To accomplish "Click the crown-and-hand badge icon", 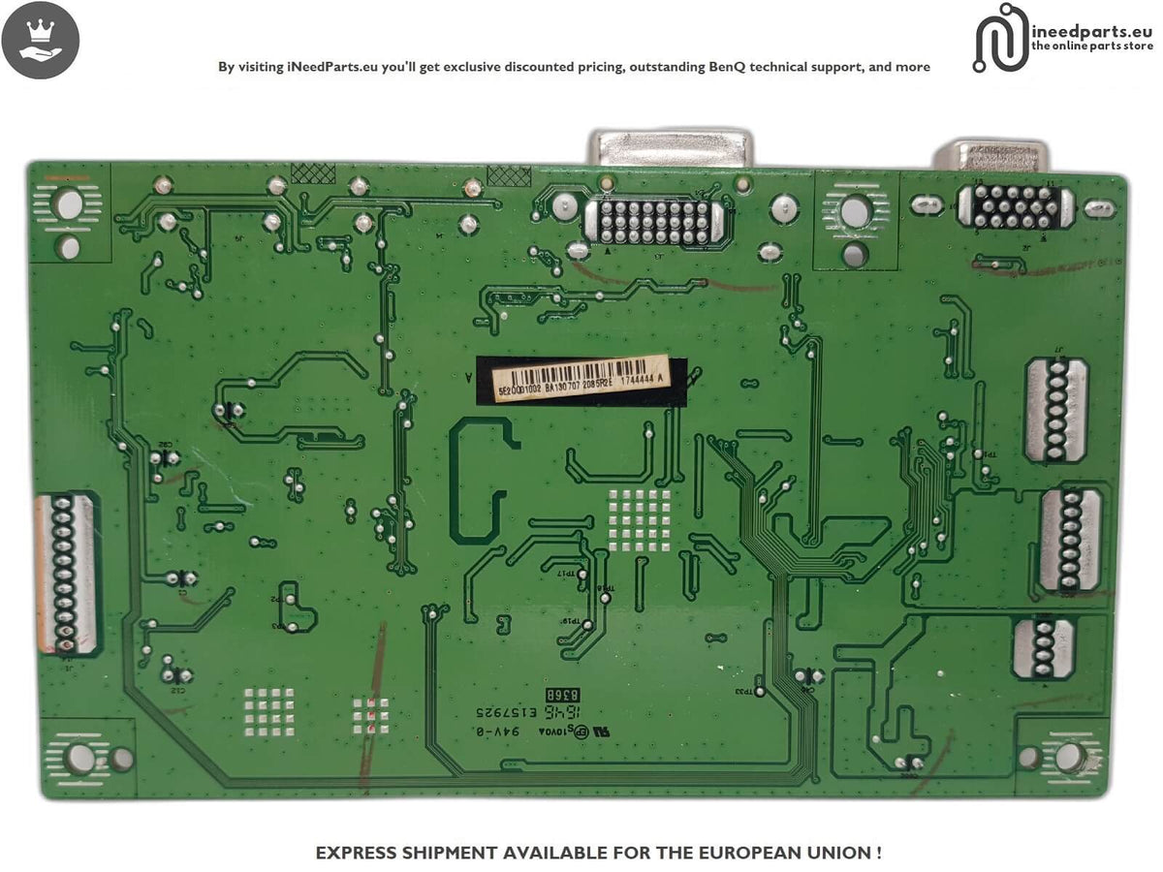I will click(41, 41).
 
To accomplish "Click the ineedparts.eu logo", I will click(1063, 39).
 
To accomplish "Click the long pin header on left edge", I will click(65, 572).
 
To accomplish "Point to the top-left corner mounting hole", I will click(70, 205).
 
